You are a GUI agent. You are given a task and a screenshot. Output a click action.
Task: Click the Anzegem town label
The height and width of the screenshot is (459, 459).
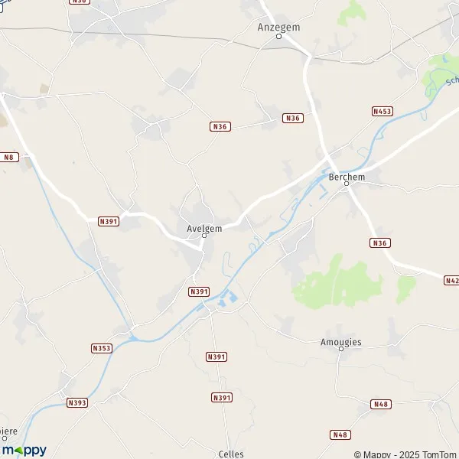pyautogui.click(x=278, y=26)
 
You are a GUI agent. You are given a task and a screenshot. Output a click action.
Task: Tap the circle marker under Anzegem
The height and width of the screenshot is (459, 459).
pyautogui.click(x=278, y=36)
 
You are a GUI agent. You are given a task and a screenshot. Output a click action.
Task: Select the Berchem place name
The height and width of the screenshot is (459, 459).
pyautogui.click(x=346, y=176)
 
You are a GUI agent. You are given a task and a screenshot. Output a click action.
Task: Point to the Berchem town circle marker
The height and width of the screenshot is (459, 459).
pyautogui.click(x=346, y=184)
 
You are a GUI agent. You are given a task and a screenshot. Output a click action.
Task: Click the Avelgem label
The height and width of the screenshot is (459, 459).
pyautogui.click(x=204, y=227)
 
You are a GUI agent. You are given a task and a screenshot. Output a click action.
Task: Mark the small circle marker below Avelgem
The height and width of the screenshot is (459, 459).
pyautogui.click(x=204, y=236)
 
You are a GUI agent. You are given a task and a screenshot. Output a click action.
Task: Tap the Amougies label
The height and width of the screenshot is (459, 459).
pyautogui.click(x=341, y=342)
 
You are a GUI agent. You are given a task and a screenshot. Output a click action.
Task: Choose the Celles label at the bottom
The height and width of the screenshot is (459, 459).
pyautogui.click(x=230, y=454)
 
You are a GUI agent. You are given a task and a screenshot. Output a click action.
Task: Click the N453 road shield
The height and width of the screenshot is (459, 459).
pyautogui.click(x=382, y=111)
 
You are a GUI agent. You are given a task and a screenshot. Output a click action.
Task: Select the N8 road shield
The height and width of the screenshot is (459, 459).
pyautogui.click(x=8, y=157)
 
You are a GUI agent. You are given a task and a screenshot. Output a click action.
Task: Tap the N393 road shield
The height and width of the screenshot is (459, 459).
pyautogui.click(x=76, y=402)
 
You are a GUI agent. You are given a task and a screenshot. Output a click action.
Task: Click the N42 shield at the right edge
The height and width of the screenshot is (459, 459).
pyautogui.click(x=451, y=281)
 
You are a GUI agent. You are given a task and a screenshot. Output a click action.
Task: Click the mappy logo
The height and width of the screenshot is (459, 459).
pyautogui.click(x=24, y=450)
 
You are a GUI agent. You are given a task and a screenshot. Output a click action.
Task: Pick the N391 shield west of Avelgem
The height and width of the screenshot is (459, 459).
pyautogui.click(x=109, y=221)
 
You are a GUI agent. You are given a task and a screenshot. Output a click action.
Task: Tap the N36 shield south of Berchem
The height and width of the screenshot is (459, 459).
pyautogui.click(x=380, y=243)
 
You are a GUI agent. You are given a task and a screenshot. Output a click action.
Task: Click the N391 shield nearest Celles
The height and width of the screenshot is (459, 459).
pyautogui.click(x=221, y=397)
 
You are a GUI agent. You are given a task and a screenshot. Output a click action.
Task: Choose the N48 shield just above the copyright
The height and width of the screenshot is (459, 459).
pyautogui.click(x=340, y=435)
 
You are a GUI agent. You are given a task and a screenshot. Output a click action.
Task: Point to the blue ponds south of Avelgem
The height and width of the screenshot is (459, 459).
pyautogui.click(x=228, y=300)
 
